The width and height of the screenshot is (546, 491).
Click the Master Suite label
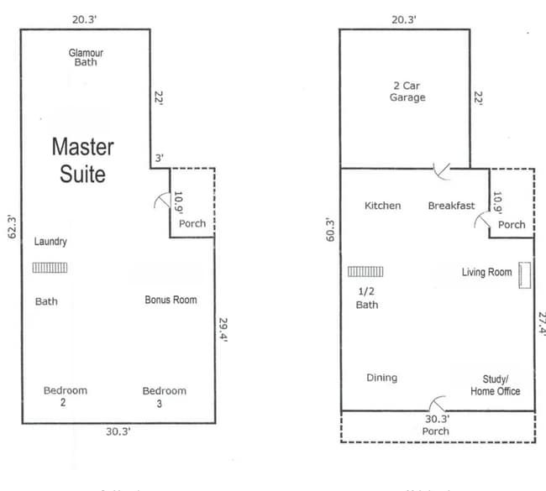[x=83, y=160]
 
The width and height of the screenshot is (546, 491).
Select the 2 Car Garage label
[x=407, y=91]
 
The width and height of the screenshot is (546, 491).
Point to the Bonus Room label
[x=171, y=300]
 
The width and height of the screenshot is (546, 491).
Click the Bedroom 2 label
[x=66, y=396]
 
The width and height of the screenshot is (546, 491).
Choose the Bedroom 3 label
[x=164, y=396]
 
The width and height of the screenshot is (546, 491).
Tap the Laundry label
[x=50, y=242]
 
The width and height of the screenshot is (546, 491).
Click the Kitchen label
[x=383, y=206]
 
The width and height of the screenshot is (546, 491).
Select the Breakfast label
[x=451, y=206]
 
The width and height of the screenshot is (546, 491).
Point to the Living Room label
[x=486, y=272]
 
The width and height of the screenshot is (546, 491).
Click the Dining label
[x=382, y=378]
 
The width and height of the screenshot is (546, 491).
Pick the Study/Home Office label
[x=495, y=384]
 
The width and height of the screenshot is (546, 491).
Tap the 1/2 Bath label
[x=367, y=298]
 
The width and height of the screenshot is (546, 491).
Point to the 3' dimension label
[x=158, y=158]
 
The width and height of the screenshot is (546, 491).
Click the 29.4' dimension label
[x=222, y=334]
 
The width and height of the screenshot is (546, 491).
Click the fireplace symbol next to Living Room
[x=526, y=274]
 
